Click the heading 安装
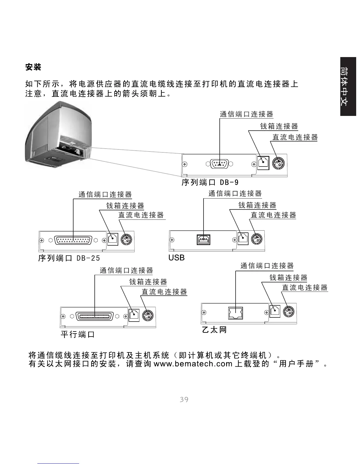click(33, 67)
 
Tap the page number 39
click(184, 400)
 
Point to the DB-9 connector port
click(220, 164)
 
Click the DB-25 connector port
click(73, 240)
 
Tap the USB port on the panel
click(204, 240)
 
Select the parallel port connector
click(95, 316)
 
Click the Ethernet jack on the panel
click(236, 313)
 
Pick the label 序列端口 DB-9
click(210, 183)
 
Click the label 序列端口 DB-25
click(69, 258)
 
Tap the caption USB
click(176, 258)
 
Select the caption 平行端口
click(78, 334)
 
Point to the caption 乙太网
click(214, 330)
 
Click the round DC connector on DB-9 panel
click(278, 163)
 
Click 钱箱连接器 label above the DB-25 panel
click(125, 206)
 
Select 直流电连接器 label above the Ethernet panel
click(305, 287)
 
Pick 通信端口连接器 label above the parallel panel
click(126, 270)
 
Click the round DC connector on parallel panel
click(148, 315)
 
